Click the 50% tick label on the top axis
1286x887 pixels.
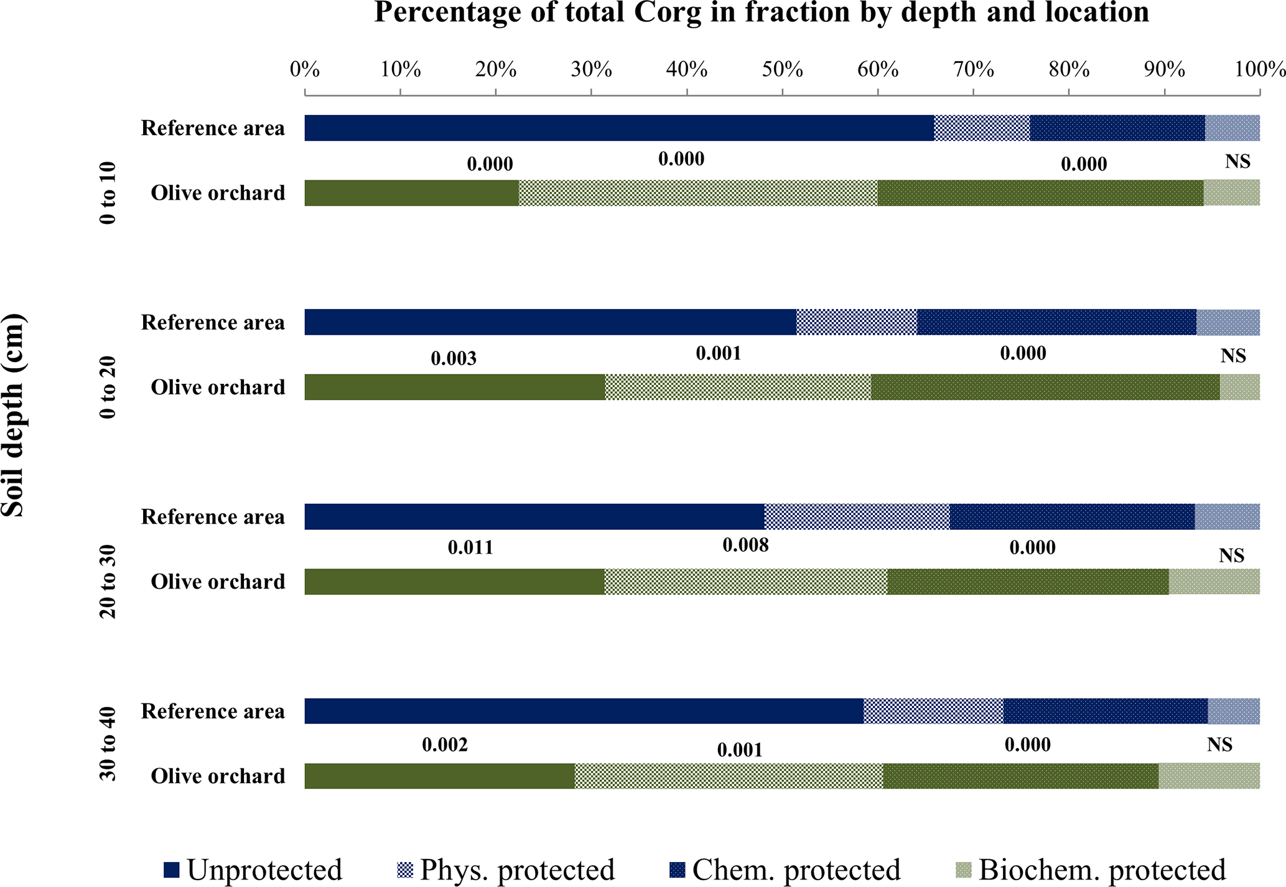click(782, 69)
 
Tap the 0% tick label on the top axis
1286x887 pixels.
click(305, 69)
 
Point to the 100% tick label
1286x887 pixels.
click(1259, 69)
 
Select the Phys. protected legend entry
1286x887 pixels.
click(506, 870)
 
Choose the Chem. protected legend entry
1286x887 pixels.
click(785, 870)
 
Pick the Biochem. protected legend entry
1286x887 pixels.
click(1091, 870)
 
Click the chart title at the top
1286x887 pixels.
click(761, 12)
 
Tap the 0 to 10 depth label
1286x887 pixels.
click(108, 193)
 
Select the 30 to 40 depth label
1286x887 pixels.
click(108, 744)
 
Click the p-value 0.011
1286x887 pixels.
click(470, 548)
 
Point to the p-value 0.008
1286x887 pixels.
click(745, 546)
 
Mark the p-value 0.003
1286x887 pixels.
click(454, 358)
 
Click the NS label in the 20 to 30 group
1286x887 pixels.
click(1231, 555)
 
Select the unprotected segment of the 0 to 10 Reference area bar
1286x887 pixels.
click(619, 128)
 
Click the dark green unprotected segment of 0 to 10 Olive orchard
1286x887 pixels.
click(411, 193)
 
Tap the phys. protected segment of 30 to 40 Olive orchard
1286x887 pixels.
click(729, 776)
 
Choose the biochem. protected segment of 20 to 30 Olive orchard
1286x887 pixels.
click(1214, 582)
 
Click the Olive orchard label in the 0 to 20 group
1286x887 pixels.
click(218, 388)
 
